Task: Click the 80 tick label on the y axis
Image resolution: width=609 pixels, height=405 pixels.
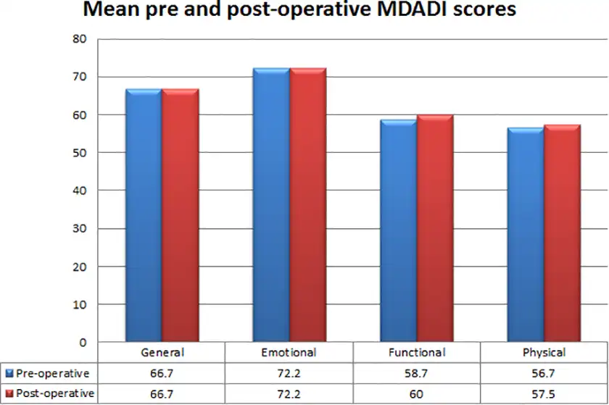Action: coord(80,39)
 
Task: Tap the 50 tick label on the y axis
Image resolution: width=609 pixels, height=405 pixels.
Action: coord(80,153)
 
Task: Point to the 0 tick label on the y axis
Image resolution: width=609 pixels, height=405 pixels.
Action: coord(83,342)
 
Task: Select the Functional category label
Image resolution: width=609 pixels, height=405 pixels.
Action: coord(416,353)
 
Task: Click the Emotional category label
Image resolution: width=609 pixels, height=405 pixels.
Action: coord(289,353)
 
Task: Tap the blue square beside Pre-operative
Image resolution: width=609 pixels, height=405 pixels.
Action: coord(9,373)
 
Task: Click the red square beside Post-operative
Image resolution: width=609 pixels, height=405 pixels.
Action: coord(9,393)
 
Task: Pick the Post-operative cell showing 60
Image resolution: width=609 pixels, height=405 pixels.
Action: coord(416,393)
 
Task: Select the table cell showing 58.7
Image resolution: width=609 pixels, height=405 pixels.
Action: coord(416,373)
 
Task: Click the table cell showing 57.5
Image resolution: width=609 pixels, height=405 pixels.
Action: coord(544,393)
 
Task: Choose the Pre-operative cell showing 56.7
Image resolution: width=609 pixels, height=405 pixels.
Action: coord(544,373)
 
